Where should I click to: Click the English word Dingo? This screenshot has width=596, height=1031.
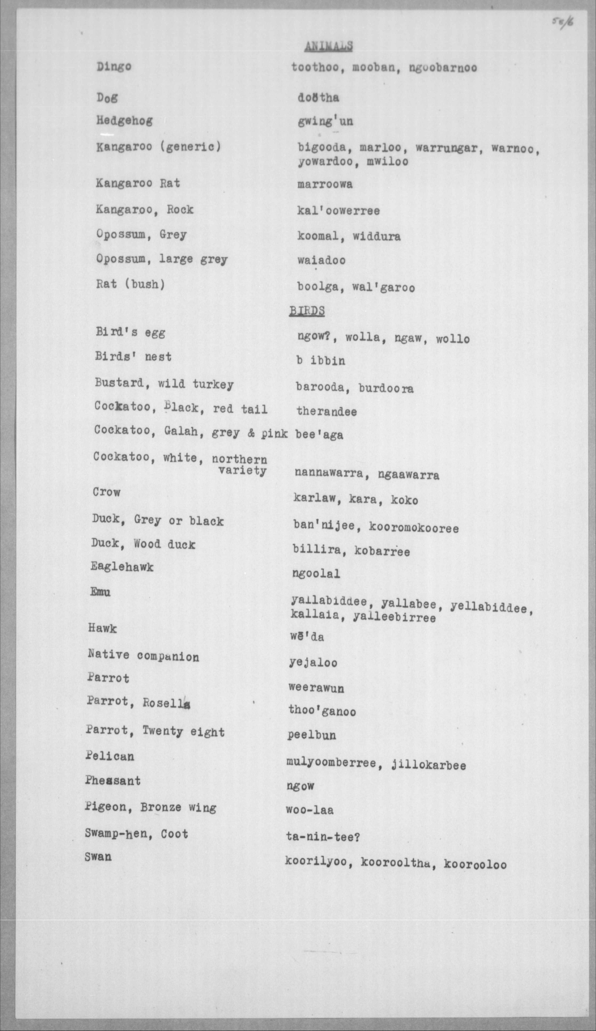(114, 66)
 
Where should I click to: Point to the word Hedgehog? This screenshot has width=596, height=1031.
(124, 121)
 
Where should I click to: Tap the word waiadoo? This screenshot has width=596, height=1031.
(321, 260)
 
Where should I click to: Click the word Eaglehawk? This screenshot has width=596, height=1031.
(122, 567)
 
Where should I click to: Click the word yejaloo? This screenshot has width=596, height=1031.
(313, 662)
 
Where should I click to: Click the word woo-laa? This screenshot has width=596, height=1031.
(310, 809)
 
